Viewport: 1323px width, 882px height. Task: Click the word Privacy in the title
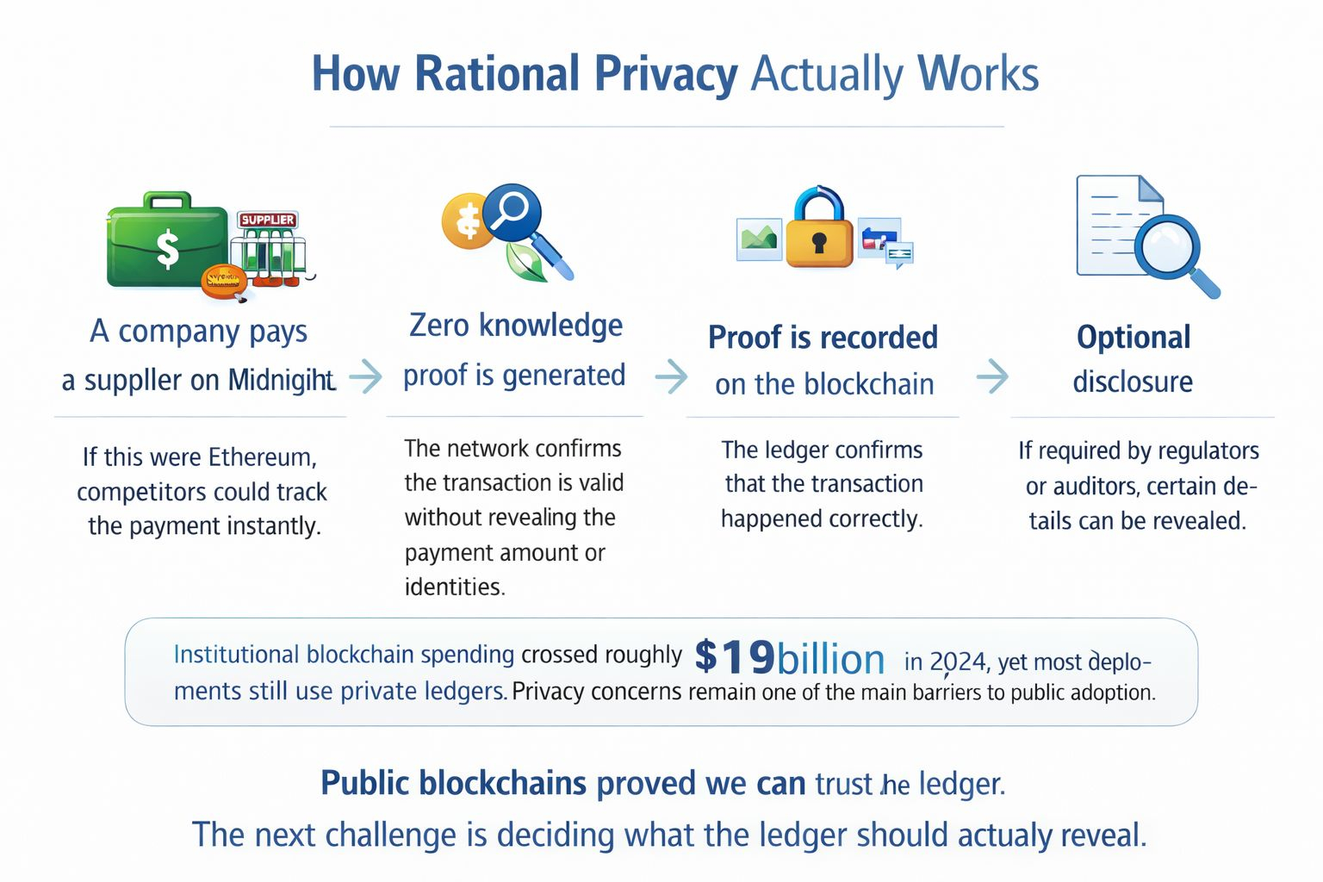pyautogui.click(x=665, y=74)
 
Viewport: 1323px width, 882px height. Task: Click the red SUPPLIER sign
pyautogui.click(x=267, y=220)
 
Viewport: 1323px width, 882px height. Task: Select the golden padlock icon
pyautogui.click(x=820, y=233)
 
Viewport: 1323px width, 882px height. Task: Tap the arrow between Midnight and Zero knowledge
pyautogui.click(x=365, y=376)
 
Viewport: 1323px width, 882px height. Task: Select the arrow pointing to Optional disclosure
pyautogui.click(x=992, y=376)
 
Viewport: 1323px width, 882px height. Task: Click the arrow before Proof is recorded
pyautogui.click(x=671, y=376)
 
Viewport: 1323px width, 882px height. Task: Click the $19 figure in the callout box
pyautogui.click(x=734, y=657)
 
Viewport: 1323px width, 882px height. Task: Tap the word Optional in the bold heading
pyautogui.click(x=1133, y=337)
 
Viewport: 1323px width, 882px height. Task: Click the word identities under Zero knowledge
pyautogui.click(x=454, y=587)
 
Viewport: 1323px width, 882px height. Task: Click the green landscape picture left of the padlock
pyautogui.click(x=759, y=238)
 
